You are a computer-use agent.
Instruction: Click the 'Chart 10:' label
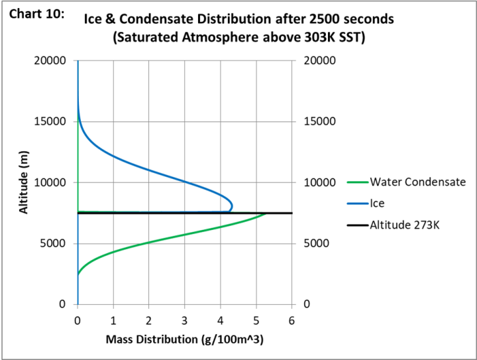[36, 15]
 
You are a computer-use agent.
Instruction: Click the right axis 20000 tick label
[320, 60]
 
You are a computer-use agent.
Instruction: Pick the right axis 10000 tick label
[320, 182]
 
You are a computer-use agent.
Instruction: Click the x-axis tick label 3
[185, 322]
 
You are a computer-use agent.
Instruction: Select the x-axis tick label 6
[291, 322]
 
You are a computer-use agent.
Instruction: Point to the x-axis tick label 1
[113, 322]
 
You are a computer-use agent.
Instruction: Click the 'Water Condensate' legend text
[418, 182]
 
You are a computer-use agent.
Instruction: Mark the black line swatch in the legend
[357, 225]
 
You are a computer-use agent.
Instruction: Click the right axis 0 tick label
[307, 304]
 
